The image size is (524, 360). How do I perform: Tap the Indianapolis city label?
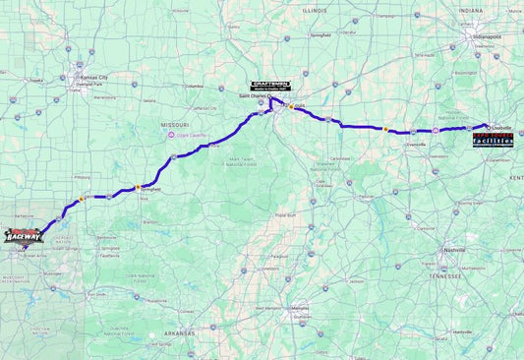pos(485,36)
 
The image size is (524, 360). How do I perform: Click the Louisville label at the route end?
pos(499,126)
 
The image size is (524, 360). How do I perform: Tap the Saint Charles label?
pos(254,96)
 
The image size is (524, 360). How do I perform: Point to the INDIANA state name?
pos(469,10)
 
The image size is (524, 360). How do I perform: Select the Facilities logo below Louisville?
pos(493,141)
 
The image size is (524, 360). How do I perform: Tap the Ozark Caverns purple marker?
pos(171,136)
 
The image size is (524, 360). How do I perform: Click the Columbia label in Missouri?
pos(193,86)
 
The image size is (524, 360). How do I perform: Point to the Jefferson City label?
pos(204,108)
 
